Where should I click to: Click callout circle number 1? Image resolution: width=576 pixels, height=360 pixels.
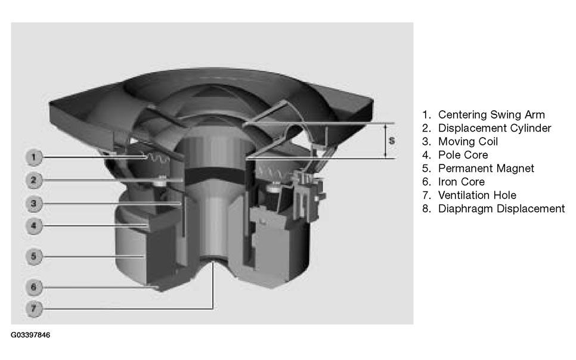point(34,157)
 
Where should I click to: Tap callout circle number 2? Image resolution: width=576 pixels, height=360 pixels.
point(34,180)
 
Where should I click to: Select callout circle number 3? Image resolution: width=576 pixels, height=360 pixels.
point(34,203)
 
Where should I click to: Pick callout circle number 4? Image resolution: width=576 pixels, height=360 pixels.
point(34,225)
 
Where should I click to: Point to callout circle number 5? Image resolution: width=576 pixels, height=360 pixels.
point(34,256)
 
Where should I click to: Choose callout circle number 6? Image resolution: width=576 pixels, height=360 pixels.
point(34,287)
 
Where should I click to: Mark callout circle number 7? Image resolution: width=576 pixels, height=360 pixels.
point(34,308)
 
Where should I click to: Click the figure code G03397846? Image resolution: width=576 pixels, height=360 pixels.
point(30,335)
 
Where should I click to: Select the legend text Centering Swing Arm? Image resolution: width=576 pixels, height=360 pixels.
point(491,114)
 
